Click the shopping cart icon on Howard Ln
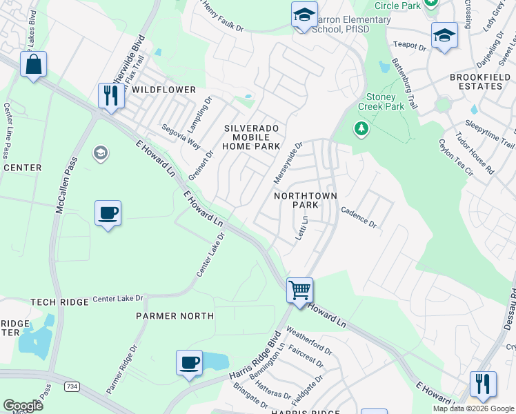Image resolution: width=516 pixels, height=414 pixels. [300, 290]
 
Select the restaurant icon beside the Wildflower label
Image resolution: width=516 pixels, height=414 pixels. [110, 95]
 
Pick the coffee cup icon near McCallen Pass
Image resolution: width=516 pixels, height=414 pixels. [108, 213]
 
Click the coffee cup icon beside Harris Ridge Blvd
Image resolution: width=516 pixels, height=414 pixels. [189, 362]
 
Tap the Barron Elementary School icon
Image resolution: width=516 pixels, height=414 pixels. [304, 15]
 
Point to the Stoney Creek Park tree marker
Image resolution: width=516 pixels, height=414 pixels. [361, 128]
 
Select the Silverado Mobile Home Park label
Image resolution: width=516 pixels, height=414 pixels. [252, 137]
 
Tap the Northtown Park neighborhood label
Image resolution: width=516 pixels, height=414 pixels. [306, 200]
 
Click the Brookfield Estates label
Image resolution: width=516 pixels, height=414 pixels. [476, 81]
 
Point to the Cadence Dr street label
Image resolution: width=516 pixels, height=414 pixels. [359, 219]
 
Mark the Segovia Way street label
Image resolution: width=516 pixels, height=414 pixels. [181, 137]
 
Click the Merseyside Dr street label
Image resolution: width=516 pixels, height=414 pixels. [288, 164]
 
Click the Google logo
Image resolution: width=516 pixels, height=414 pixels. [23, 406]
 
